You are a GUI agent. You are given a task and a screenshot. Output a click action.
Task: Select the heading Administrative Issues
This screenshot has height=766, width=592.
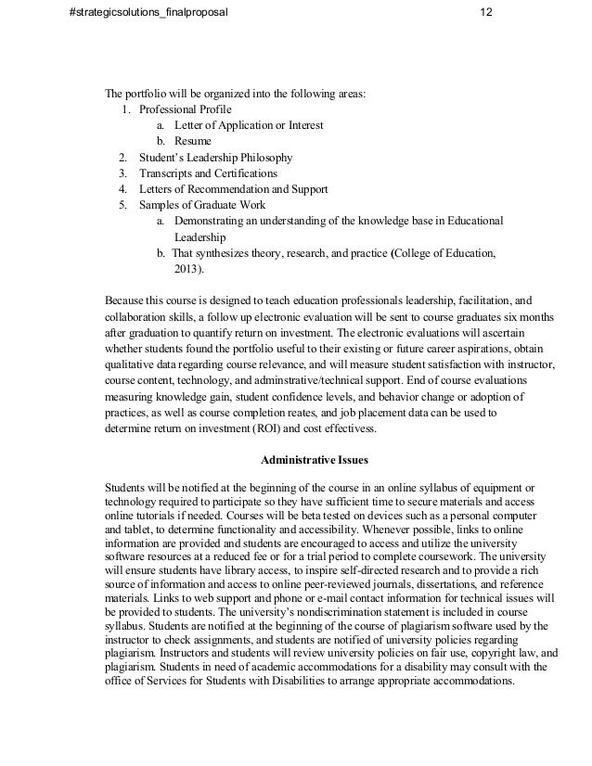(314, 459)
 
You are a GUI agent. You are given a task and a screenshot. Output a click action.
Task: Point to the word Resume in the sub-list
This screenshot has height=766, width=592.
(192, 141)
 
